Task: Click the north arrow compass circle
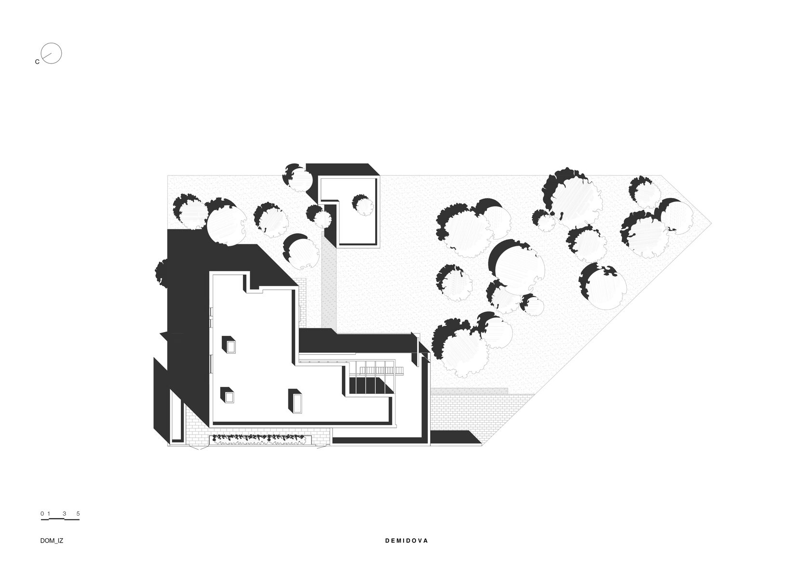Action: click(52, 53)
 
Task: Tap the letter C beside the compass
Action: click(37, 62)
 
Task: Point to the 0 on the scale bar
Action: click(42, 514)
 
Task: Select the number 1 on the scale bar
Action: click(49, 514)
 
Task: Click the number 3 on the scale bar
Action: click(64, 514)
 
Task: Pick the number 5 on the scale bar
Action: click(78, 514)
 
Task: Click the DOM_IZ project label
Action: click(52, 541)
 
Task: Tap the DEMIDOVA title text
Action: click(406, 541)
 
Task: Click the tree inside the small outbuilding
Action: click(363, 204)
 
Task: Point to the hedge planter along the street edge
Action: click(261, 439)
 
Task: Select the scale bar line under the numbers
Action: click(60, 519)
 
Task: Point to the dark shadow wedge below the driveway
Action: click(454, 437)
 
